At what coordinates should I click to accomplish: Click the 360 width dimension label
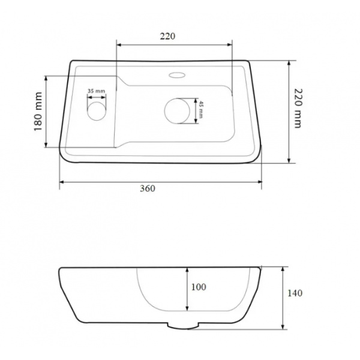[148, 188]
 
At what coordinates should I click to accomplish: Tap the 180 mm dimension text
[38, 112]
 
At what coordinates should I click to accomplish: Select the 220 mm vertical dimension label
[298, 108]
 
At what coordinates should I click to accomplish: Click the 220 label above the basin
[167, 36]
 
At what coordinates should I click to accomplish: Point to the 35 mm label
[97, 91]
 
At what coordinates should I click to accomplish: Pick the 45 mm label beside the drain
[201, 109]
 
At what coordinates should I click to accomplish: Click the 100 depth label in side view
[199, 287]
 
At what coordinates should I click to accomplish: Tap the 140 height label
[295, 293]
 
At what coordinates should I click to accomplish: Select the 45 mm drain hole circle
[177, 111]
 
